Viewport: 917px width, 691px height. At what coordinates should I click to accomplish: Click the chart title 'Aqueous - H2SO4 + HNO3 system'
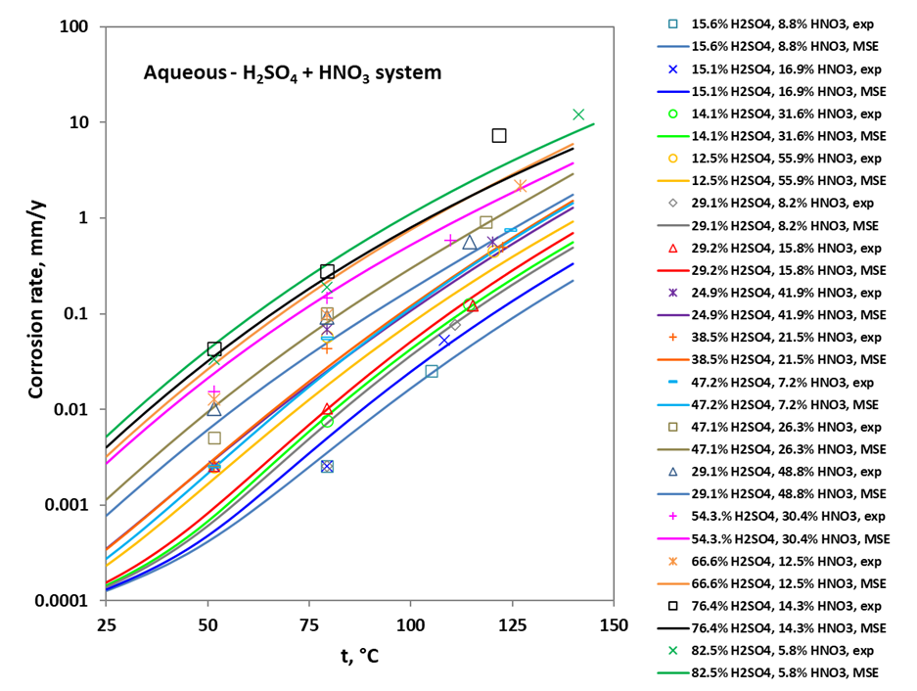coord(292,72)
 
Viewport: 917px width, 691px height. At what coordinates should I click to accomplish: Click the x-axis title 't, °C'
coord(359,657)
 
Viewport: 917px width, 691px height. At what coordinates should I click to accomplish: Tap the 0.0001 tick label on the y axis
coord(64,601)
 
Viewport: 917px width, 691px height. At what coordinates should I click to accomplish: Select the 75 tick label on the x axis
coord(308,624)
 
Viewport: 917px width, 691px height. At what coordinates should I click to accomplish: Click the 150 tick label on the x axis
coord(614,624)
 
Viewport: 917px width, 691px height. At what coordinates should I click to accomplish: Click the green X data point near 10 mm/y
coord(578,115)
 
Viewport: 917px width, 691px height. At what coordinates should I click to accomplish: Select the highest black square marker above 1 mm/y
coord(499,135)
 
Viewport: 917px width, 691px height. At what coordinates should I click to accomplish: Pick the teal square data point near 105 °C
coord(432,371)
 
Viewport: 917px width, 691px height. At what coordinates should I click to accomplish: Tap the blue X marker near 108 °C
coord(444,340)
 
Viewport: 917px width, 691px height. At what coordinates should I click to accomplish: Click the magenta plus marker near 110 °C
coord(450,240)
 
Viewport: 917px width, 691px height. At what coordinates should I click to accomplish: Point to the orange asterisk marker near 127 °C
coord(521,185)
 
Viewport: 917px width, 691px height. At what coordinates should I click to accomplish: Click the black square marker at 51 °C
coord(214,348)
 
